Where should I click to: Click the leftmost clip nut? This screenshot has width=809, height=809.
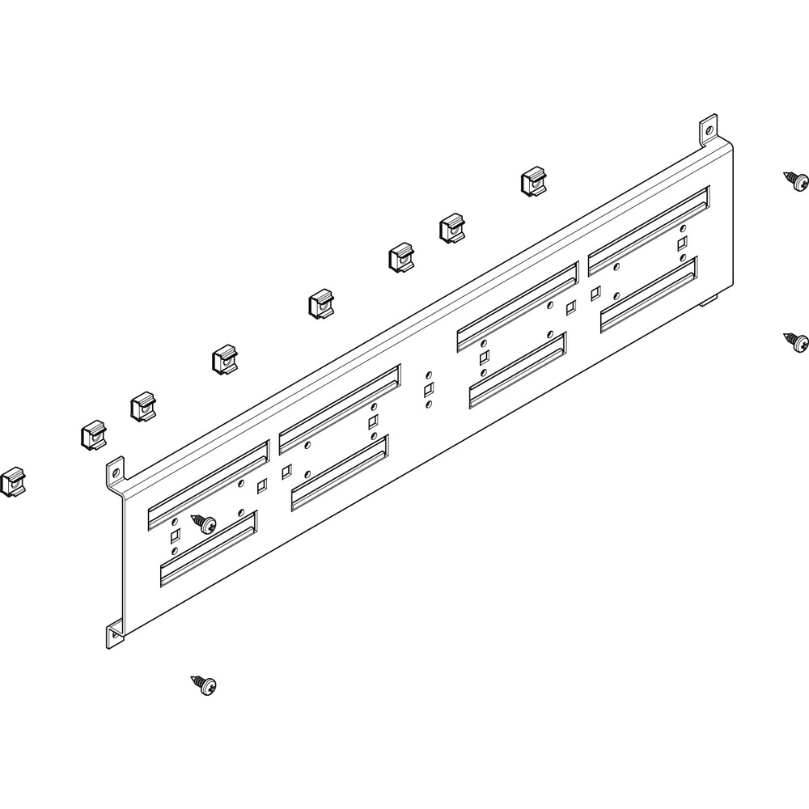pyautogui.click(x=11, y=482)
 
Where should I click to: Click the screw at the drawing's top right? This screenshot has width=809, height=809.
pyautogui.click(x=796, y=181)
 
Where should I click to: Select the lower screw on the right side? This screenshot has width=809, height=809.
pyautogui.click(x=796, y=342)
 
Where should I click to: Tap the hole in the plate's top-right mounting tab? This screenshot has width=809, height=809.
pyautogui.click(x=708, y=129)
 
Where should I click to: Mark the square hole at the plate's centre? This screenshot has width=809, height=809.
pyautogui.click(x=428, y=391)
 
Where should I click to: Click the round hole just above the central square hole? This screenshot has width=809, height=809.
pyautogui.click(x=428, y=377)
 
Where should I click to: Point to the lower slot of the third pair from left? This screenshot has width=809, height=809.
pyautogui.click(x=518, y=371)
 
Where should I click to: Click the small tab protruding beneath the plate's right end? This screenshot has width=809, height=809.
pyautogui.click(x=708, y=303)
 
